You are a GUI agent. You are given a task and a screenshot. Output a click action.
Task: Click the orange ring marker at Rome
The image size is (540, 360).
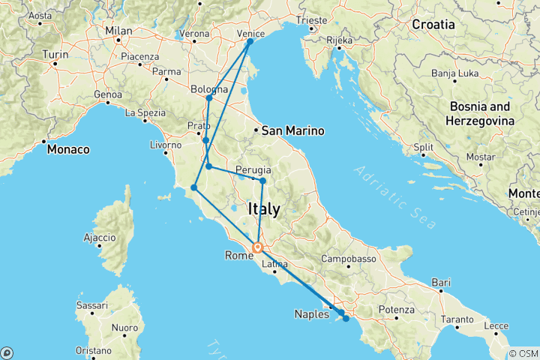tap(257, 247)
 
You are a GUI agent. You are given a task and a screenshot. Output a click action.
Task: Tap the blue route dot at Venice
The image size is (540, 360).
tap(250, 41)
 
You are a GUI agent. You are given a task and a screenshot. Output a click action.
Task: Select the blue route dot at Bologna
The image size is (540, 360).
tap(209, 98)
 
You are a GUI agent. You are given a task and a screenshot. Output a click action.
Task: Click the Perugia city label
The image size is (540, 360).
tap(253, 169)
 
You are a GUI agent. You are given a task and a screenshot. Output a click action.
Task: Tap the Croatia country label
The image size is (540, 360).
tap(433, 24)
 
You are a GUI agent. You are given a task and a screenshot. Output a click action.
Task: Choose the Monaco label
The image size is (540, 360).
tap(68, 149)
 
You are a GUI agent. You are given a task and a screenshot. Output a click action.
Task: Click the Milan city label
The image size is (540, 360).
tap(118, 31)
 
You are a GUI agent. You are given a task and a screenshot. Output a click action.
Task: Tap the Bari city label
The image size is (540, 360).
tap(442, 282)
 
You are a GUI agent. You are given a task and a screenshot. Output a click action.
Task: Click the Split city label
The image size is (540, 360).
tap(424, 148)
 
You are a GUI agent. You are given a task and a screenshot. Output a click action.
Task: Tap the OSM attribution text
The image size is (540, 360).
tap(524, 353)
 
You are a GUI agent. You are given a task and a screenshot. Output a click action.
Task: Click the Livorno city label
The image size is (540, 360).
tap(166, 145)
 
